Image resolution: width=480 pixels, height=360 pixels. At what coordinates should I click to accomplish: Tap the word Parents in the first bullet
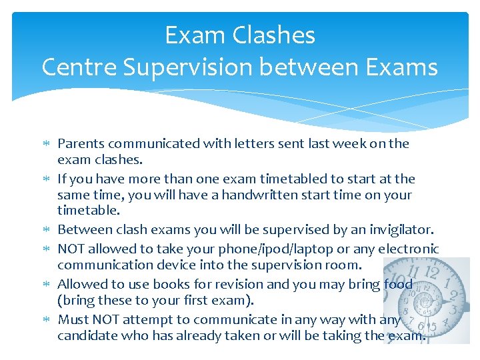click(x=81, y=143)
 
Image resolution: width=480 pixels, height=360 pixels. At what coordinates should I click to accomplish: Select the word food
click(x=398, y=284)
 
